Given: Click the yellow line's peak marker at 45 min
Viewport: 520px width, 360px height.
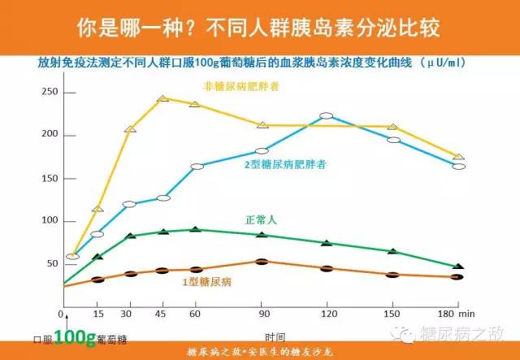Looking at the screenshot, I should (x=162, y=98).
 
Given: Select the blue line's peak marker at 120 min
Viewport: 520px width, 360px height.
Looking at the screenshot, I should (x=326, y=116).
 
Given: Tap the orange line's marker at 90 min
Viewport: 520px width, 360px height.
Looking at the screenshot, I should (x=261, y=262).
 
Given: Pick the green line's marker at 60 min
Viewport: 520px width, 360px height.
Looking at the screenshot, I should (x=196, y=230).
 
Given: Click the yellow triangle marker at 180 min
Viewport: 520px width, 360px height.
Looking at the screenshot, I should (x=459, y=156).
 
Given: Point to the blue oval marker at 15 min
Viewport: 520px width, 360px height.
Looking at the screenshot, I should (x=97, y=234).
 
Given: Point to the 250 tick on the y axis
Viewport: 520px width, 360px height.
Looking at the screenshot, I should (x=50, y=91).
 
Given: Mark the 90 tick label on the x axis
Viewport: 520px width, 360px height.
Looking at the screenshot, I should (x=262, y=314).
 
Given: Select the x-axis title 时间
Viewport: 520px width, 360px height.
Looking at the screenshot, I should (x=275, y=335).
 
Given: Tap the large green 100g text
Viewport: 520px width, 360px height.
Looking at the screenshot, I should (x=65, y=336).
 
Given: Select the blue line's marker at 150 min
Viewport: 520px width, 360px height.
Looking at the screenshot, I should (x=393, y=140).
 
